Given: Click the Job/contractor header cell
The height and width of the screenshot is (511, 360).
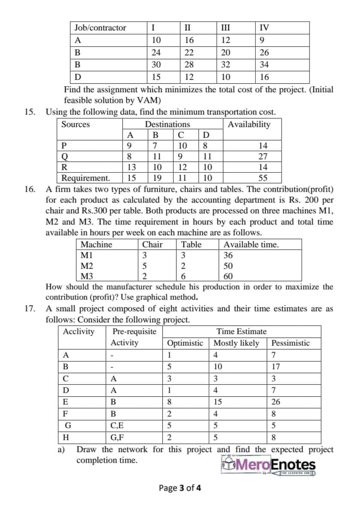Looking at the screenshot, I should click(100, 28).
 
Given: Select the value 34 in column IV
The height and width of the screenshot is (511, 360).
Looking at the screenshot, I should click(265, 65).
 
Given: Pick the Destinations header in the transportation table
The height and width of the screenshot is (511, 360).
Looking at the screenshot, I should click(167, 124).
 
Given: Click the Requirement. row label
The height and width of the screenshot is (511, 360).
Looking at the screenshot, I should click(85, 178).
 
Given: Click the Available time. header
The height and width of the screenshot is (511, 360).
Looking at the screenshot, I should click(251, 245).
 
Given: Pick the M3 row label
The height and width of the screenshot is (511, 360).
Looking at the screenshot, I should click(87, 276).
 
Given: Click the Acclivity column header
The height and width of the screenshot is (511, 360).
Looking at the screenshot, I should click(79, 331).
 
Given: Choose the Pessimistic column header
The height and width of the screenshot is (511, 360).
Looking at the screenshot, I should click(290, 343).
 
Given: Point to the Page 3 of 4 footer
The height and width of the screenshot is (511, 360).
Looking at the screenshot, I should click(180, 488).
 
